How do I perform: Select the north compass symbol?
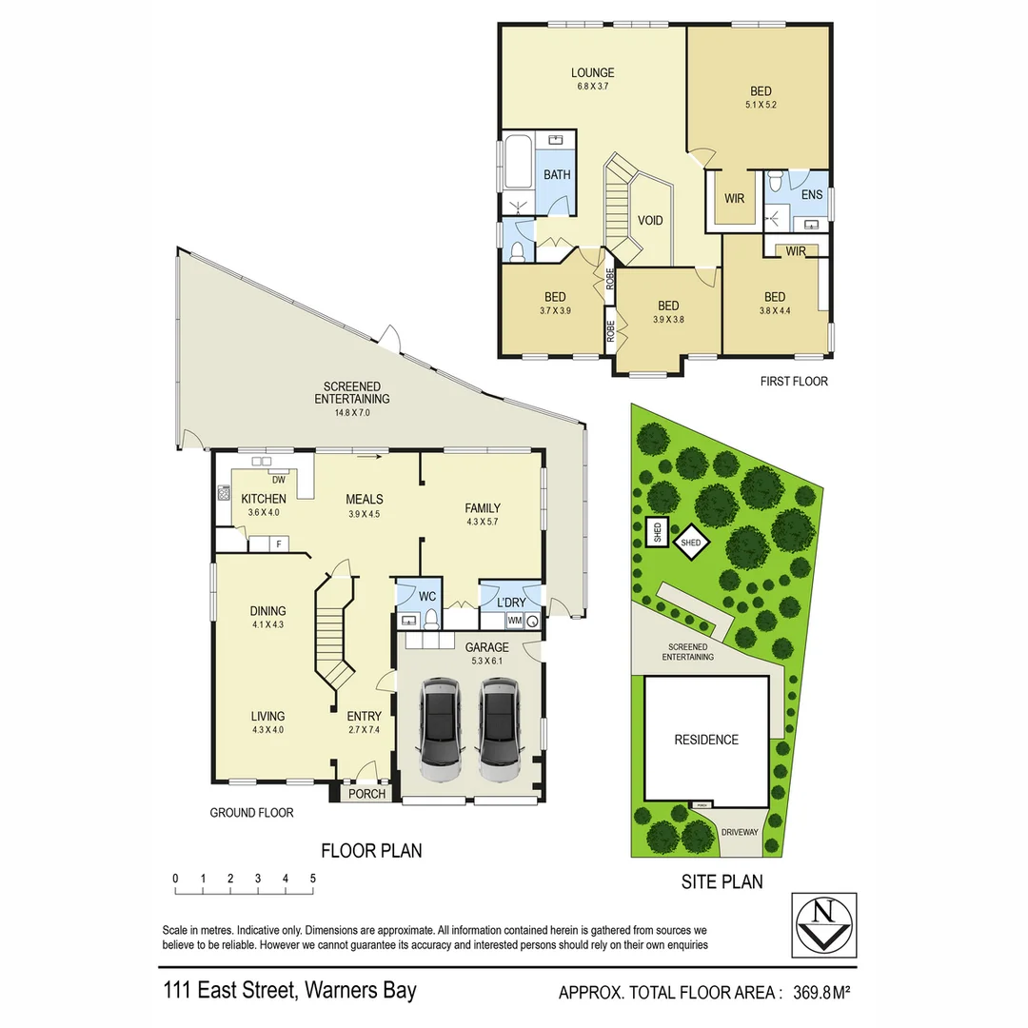pos(823,924)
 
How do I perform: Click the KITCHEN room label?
pos(264,499)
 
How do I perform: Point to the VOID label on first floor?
pos(650,221)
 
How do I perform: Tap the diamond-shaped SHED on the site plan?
pos(691,543)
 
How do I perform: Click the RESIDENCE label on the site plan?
pos(706,740)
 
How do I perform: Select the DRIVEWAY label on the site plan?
pos(740,831)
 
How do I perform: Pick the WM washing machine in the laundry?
pos(515,621)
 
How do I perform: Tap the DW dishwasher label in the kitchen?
pos(279,480)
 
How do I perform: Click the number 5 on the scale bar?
pos(313,878)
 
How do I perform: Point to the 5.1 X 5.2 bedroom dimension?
pos(761,106)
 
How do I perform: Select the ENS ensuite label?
pos(811,195)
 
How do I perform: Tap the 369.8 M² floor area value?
pos(820,992)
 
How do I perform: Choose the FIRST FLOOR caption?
pos(794,381)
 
